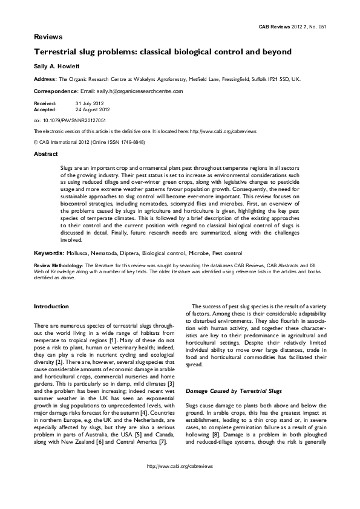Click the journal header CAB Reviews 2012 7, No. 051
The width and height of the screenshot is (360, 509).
click(x=292, y=27)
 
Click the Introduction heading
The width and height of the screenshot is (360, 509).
click(x=51, y=306)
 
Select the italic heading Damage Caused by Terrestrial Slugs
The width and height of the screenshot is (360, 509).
click(x=231, y=391)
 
